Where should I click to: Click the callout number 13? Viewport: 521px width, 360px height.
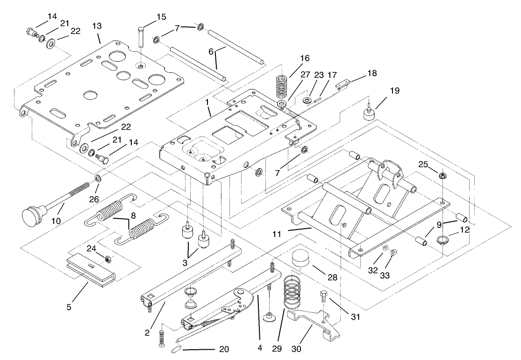click(x=97, y=25)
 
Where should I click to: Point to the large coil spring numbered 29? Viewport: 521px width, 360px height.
click(x=292, y=290)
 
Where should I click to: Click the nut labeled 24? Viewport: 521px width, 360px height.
click(x=107, y=259)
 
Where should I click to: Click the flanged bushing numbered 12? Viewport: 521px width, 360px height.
click(x=441, y=241)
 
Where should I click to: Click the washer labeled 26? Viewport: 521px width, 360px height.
click(x=99, y=178)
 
